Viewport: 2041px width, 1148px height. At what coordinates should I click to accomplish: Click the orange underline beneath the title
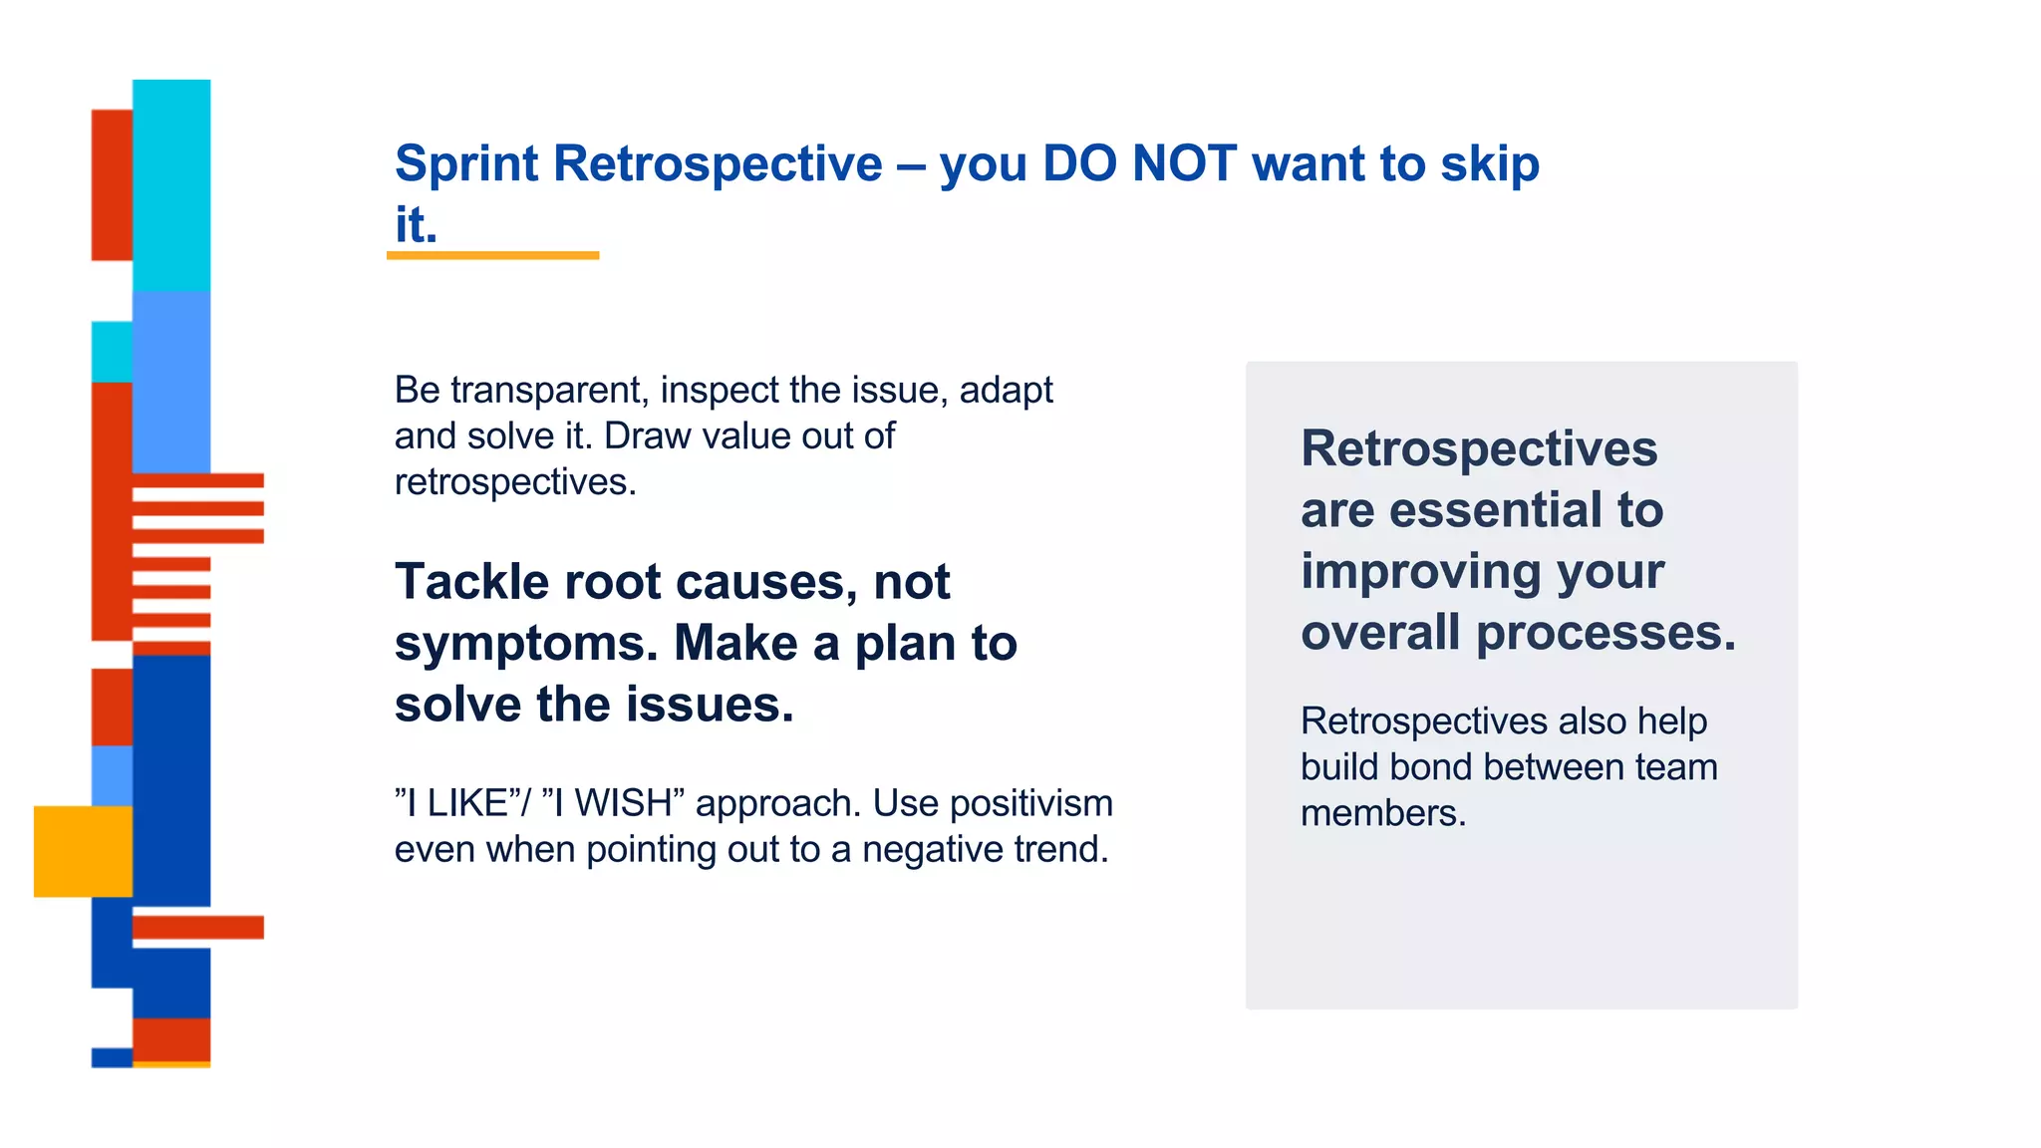pos(492,256)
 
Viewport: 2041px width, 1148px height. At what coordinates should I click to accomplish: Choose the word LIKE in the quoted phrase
pos(466,803)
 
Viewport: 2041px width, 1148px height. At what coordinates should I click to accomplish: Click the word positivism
pos(1030,803)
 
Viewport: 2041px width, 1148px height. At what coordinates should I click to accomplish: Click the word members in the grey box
pos(1382,813)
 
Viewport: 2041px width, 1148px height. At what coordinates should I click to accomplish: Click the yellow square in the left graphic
pos(83,851)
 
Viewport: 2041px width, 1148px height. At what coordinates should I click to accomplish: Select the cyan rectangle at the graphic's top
pos(171,184)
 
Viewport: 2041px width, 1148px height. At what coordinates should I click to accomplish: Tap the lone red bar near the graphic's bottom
pos(198,927)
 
